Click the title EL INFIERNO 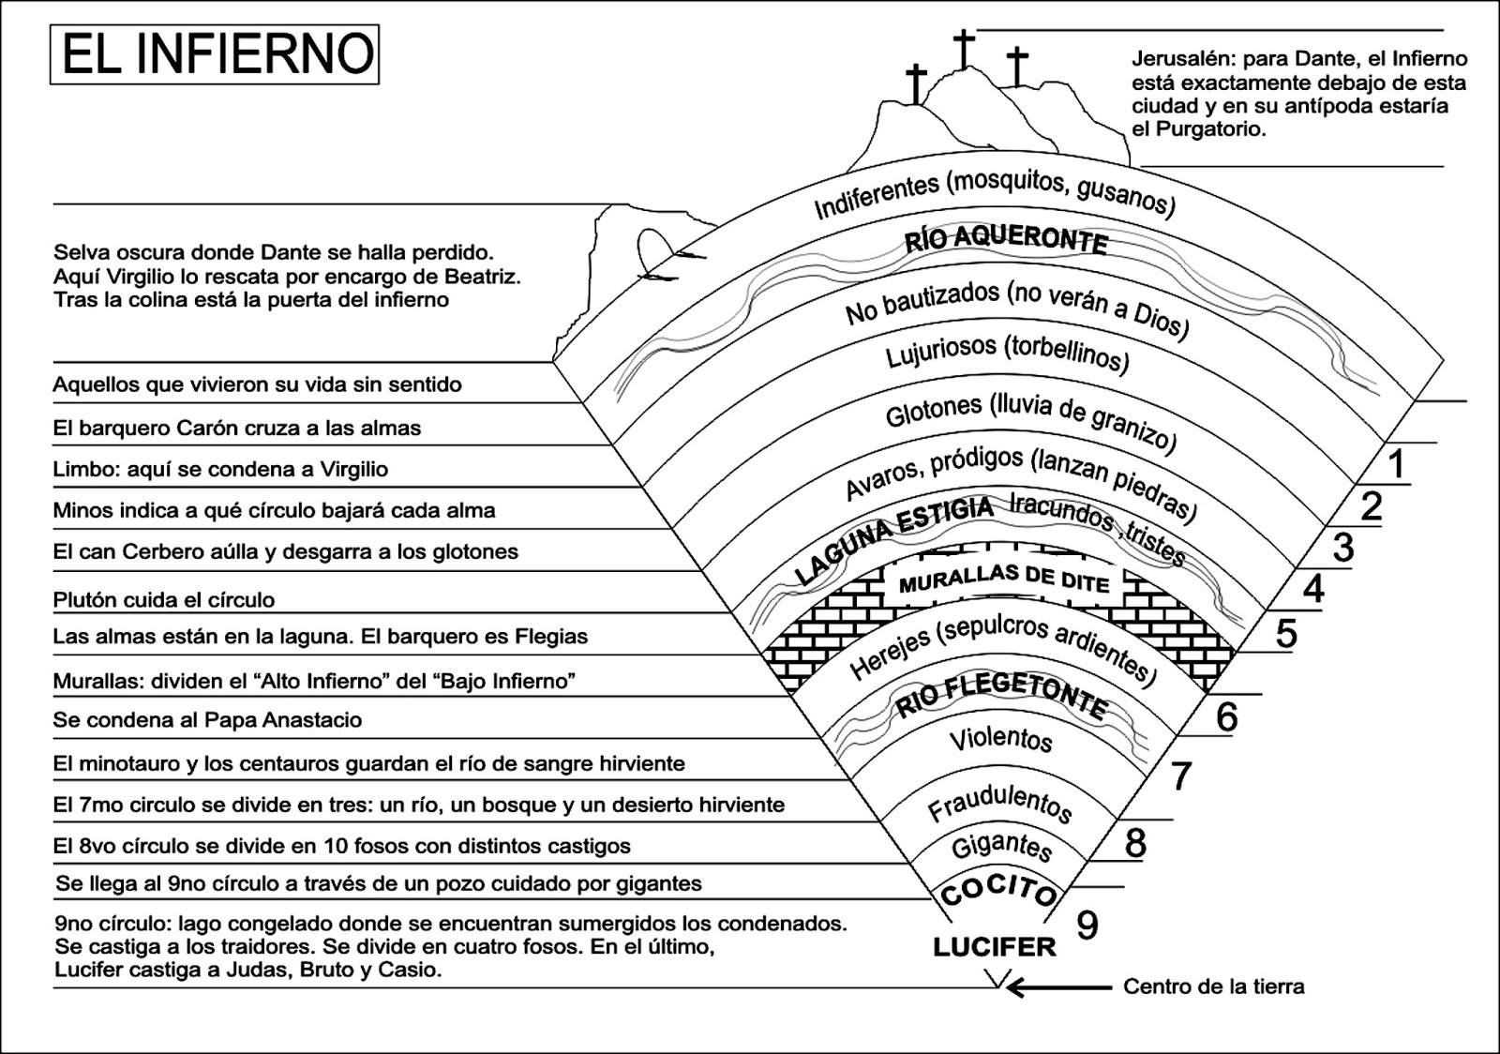(x=216, y=54)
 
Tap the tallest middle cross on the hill (x=964, y=48)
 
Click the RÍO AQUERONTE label (x=1006, y=239)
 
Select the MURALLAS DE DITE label (x=1004, y=580)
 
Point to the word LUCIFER (x=995, y=947)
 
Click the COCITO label (x=998, y=890)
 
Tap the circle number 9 (x=1087, y=926)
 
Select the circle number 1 (x=1397, y=464)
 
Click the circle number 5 (x=1286, y=634)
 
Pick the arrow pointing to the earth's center (x=1059, y=986)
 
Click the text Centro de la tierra (x=1213, y=986)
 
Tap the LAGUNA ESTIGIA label (x=893, y=540)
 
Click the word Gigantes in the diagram (x=1001, y=846)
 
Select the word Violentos (x=1000, y=739)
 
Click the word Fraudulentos (x=999, y=804)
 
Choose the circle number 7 (x=1180, y=775)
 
